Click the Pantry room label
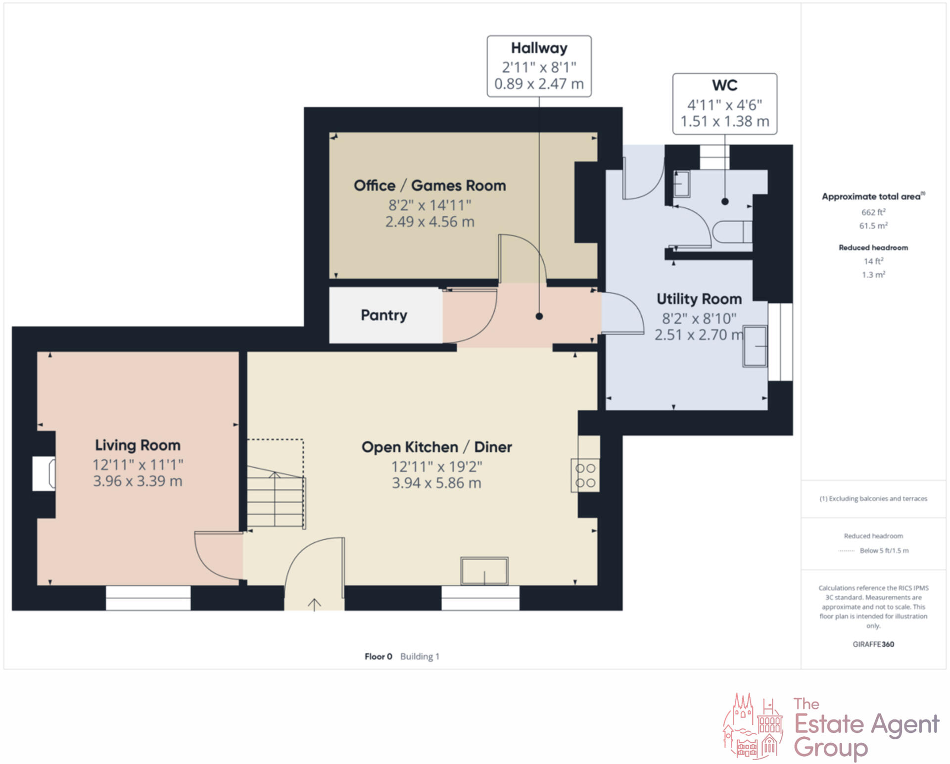383,315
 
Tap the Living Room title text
138,445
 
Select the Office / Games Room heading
429,186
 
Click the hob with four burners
585,476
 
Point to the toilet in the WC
732,232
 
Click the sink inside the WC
682,184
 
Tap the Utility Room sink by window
755,346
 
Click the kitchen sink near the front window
484,571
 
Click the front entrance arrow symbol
314,604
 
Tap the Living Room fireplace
44,474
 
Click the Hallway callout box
539,66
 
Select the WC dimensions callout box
724,104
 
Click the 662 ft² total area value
873,212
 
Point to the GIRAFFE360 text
873,644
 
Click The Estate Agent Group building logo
753,726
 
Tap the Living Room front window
148,598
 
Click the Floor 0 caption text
378,657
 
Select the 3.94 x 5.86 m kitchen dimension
436,483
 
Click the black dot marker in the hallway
539,316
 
